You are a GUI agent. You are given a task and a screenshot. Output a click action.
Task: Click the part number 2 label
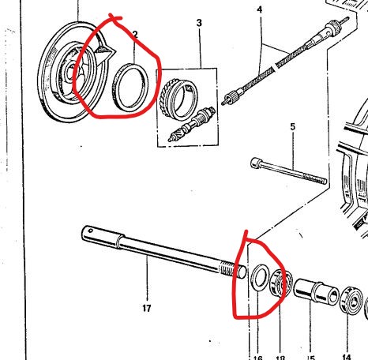135,35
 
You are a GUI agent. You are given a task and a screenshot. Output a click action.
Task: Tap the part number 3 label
199,23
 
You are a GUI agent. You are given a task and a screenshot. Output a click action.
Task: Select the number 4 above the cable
259,9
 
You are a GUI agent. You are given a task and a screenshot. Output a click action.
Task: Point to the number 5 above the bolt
292,126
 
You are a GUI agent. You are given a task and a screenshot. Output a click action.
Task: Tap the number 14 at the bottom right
345,336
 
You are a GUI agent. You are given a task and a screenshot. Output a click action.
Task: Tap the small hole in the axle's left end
91,232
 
